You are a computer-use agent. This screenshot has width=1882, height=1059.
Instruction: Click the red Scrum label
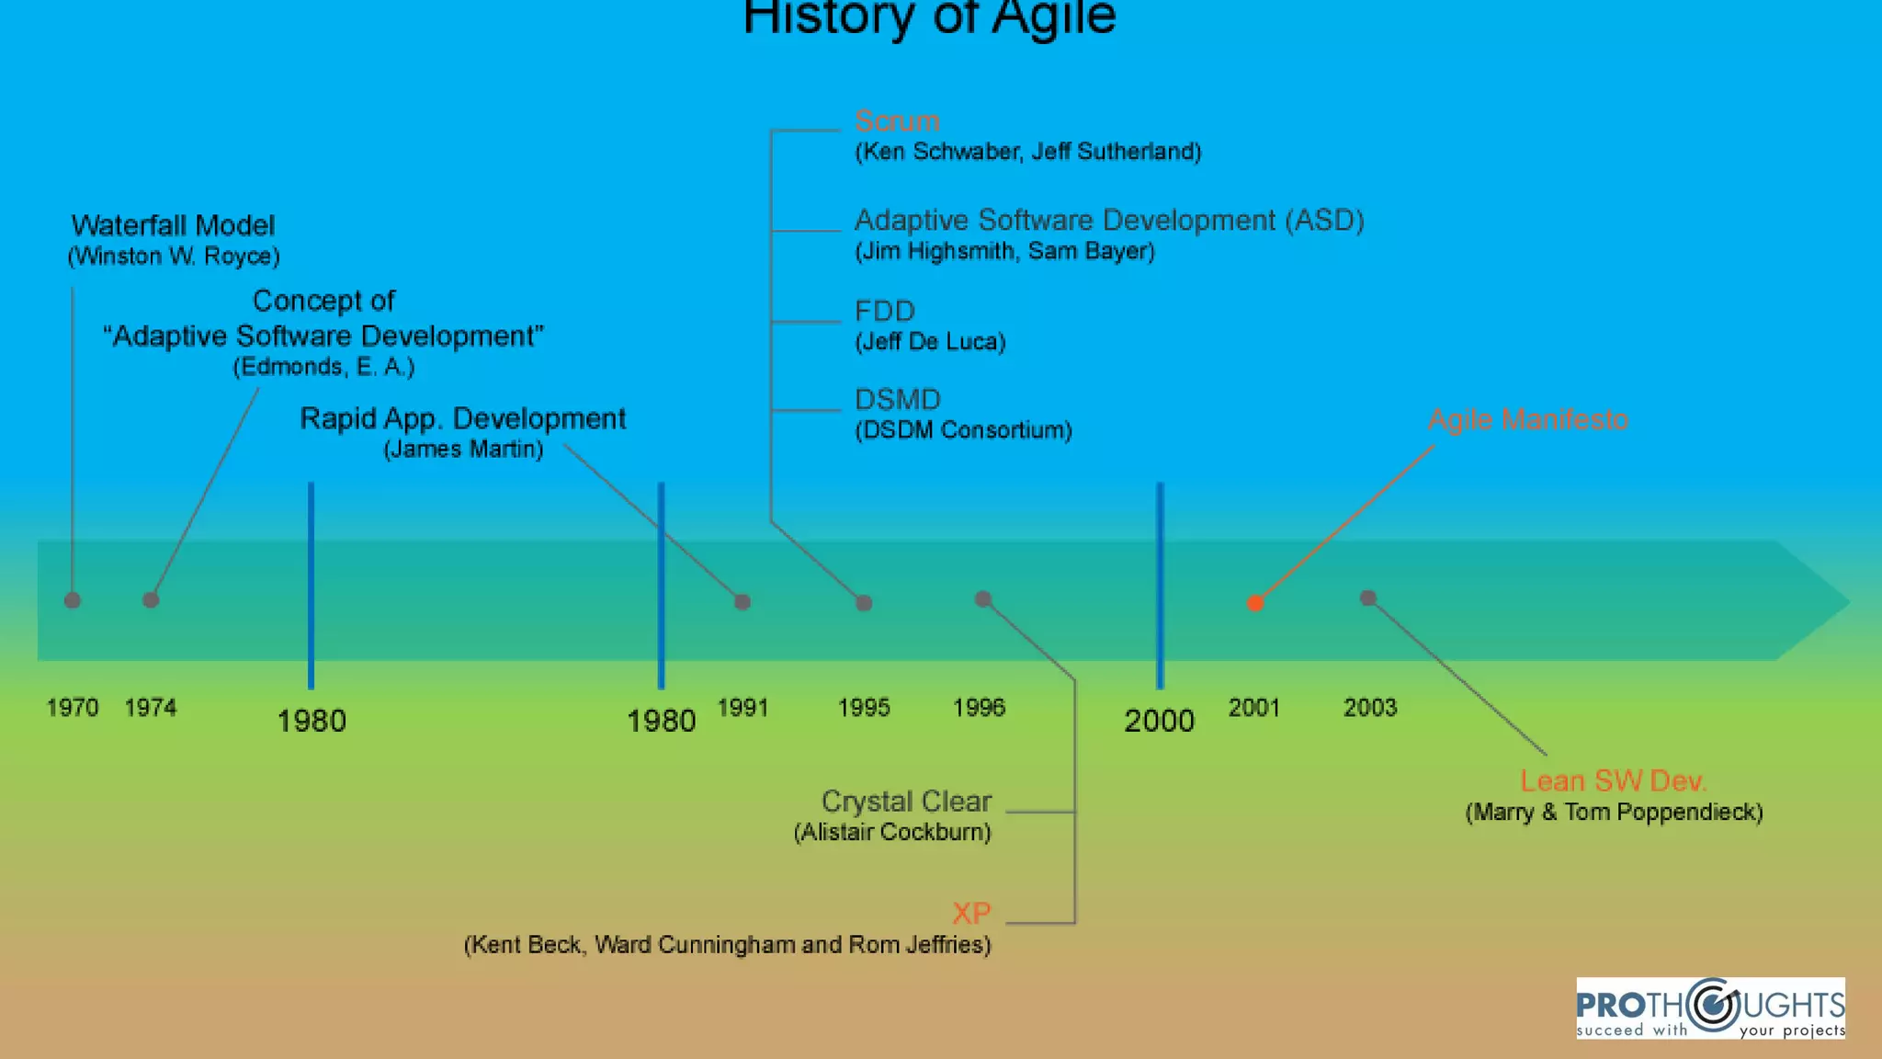tap(897, 121)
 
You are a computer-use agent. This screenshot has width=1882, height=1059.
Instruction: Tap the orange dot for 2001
tap(1255, 603)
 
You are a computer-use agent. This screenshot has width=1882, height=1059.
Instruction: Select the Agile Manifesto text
tap(1527, 420)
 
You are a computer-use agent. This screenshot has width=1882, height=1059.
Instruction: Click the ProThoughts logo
tap(1710, 1008)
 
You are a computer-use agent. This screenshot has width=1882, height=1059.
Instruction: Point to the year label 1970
tap(73, 708)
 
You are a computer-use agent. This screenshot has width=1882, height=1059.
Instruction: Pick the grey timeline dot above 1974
tap(151, 600)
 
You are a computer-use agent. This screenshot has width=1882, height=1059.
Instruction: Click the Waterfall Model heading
tap(173, 225)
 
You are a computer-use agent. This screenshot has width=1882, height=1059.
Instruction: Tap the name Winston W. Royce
tap(174, 256)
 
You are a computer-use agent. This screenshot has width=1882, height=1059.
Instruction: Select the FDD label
tap(884, 311)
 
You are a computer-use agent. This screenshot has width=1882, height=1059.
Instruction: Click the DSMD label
tap(898, 400)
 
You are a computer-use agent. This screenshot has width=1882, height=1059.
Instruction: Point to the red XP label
tap(971, 913)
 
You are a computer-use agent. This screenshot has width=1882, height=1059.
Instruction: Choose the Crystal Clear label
tap(906, 802)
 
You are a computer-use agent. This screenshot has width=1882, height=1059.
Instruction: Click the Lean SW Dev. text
tap(1613, 781)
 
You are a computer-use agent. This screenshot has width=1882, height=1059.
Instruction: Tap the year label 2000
tap(1159, 721)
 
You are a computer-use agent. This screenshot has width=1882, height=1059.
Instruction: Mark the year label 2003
tap(1370, 708)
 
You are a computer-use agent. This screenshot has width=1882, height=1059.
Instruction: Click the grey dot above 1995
tap(864, 603)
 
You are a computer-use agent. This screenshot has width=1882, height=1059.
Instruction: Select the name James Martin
tap(463, 450)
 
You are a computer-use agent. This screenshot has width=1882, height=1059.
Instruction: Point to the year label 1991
tap(743, 708)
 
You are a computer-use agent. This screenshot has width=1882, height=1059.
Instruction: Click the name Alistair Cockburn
tap(892, 833)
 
